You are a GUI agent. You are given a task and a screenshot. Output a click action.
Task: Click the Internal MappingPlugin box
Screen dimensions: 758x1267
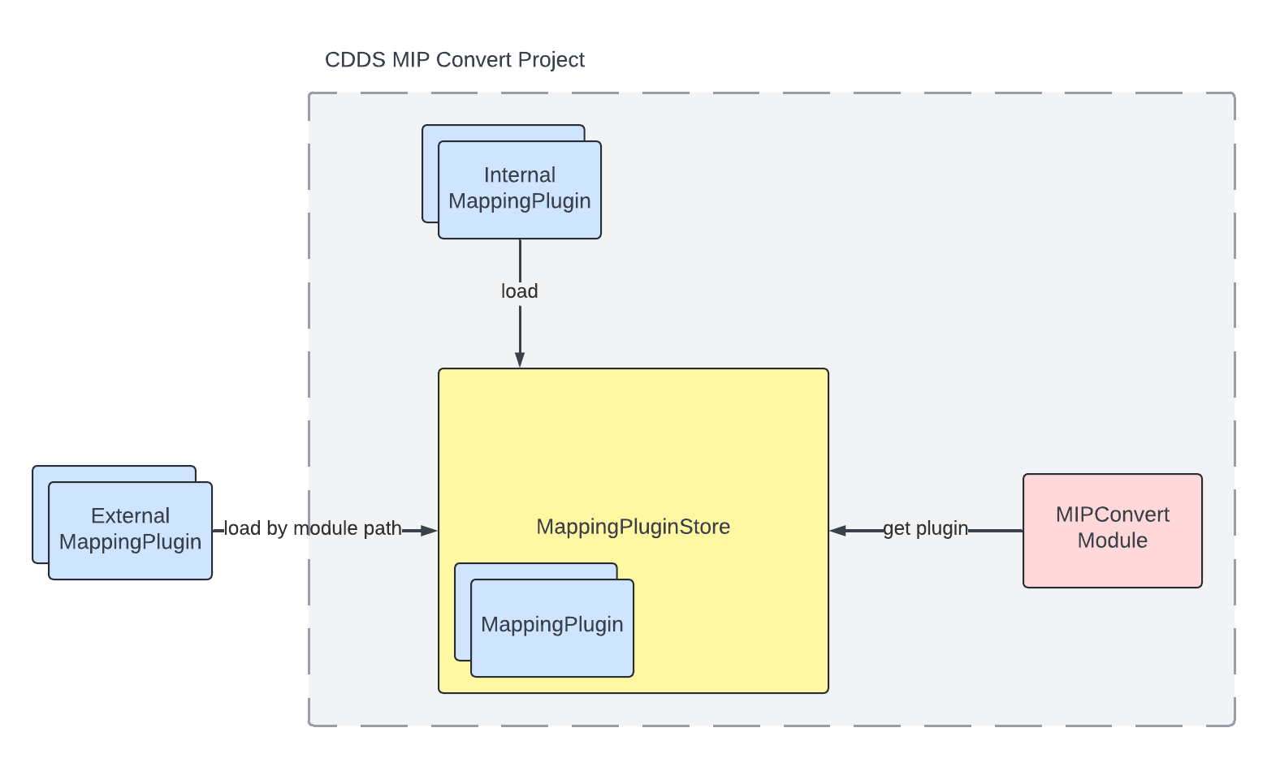pyautogui.click(x=520, y=189)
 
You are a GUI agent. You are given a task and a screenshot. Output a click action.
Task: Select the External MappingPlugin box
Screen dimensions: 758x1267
pyautogui.click(x=130, y=530)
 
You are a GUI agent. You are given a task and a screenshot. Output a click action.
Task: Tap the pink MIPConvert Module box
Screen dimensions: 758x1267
pyautogui.click(x=1112, y=530)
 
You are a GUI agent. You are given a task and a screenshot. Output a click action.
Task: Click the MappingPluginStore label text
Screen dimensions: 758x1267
pyautogui.click(x=633, y=527)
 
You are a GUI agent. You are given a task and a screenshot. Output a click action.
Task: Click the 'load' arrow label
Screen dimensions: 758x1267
pyautogui.click(x=519, y=291)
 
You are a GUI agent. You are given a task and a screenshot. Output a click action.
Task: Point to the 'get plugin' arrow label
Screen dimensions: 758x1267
pyautogui.click(x=925, y=528)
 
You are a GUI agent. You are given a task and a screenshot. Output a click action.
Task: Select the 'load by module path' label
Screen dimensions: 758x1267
pyautogui.click(x=313, y=528)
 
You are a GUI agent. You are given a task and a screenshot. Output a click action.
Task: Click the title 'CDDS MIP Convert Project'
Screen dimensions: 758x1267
pyautogui.click(x=454, y=60)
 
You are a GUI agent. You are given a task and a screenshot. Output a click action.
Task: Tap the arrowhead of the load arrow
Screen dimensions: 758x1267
pyautogui.click(x=520, y=360)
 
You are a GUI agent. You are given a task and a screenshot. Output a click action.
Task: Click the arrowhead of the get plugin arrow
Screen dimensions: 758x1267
pyautogui.click(x=837, y=531)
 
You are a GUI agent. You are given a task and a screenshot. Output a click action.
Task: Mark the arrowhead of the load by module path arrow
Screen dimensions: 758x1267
pyautogui.click(x=430, y=531)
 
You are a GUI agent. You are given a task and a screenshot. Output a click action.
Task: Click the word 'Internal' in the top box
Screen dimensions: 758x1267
pyautogui.click(x=520, y=175)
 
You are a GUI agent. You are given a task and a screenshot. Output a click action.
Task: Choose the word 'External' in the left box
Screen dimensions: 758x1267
pyautogui.click(x=130, y=516)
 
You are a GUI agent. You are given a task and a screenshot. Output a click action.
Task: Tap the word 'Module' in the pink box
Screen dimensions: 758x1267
pyautogui.click(x=1112, y=541)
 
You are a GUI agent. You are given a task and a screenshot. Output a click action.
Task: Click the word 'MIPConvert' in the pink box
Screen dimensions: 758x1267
pyautogui.click(x=1112, y=515)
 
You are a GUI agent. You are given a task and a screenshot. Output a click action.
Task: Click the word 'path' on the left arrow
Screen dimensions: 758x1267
pyautogui.click(x=383, y=528)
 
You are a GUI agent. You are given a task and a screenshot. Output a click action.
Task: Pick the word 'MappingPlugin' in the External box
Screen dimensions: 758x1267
pyautogui.click(x=130, y=542)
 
